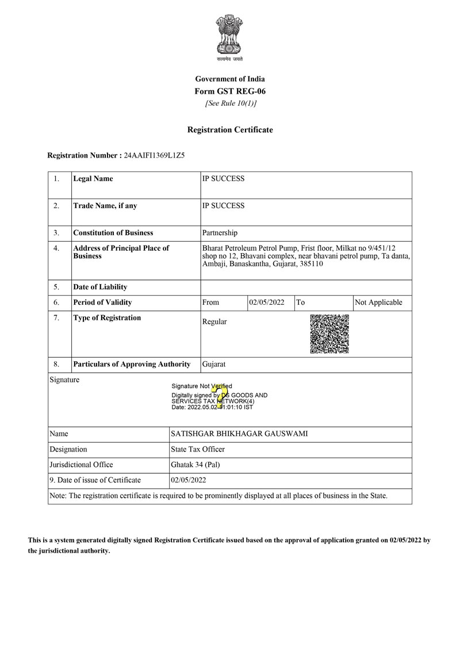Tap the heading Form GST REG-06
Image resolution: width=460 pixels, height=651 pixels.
pyautogui.click(x=230, y=91)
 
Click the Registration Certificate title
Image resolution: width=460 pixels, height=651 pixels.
pyautogui.click(x=230, y=130)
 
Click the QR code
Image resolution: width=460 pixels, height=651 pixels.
pyautogui.click(x=329, y=334)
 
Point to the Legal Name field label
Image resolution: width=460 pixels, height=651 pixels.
pyautogui.click(x=93, y=179)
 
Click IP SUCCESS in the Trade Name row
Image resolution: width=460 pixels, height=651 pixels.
pyautogui.click(x=224, y=206)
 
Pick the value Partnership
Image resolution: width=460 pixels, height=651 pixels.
pyautogui.click(x=220, y=233)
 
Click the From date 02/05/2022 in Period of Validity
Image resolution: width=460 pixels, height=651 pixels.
pyautogui.click(x=267, y=302)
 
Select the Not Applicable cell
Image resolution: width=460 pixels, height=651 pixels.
pyautogui.click(x=379, y=302)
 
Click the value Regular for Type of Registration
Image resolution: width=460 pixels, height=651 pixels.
pyautogui.click(x=214, y=322)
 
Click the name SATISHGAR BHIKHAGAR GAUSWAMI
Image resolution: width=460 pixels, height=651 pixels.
pyautogui.click(x=239, y=434)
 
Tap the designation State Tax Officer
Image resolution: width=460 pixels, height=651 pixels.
pyautogui.click(x=198, y=449)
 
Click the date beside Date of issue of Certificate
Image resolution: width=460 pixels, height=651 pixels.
pyautogui.click(x=189, y=480)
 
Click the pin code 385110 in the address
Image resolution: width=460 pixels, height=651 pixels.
pyautogui.click(x=310, y=264)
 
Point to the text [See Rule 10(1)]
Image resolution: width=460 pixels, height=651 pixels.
pyautogui.click(x=230, y=104)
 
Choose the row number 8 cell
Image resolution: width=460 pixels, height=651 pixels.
pyautogui.click(x=56, y=364)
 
